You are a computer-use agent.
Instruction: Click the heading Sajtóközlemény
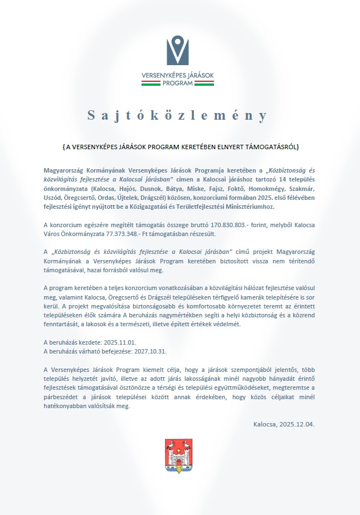(178, 116)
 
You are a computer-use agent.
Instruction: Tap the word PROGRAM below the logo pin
(178, 83)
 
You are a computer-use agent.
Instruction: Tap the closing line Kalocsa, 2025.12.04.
(284, 424)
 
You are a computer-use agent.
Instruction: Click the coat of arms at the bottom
(178, 455)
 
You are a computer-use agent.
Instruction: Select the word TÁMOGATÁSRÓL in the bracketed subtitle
(273, 147)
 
